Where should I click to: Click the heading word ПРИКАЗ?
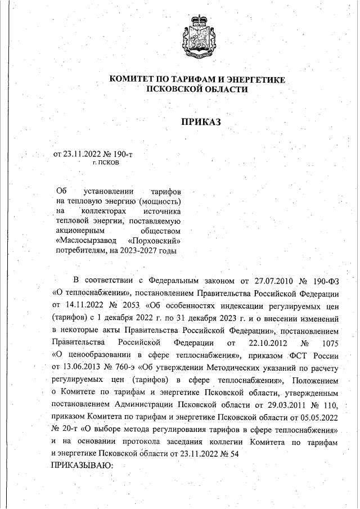pos(197,121)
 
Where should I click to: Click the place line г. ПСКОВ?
pos(106,162)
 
